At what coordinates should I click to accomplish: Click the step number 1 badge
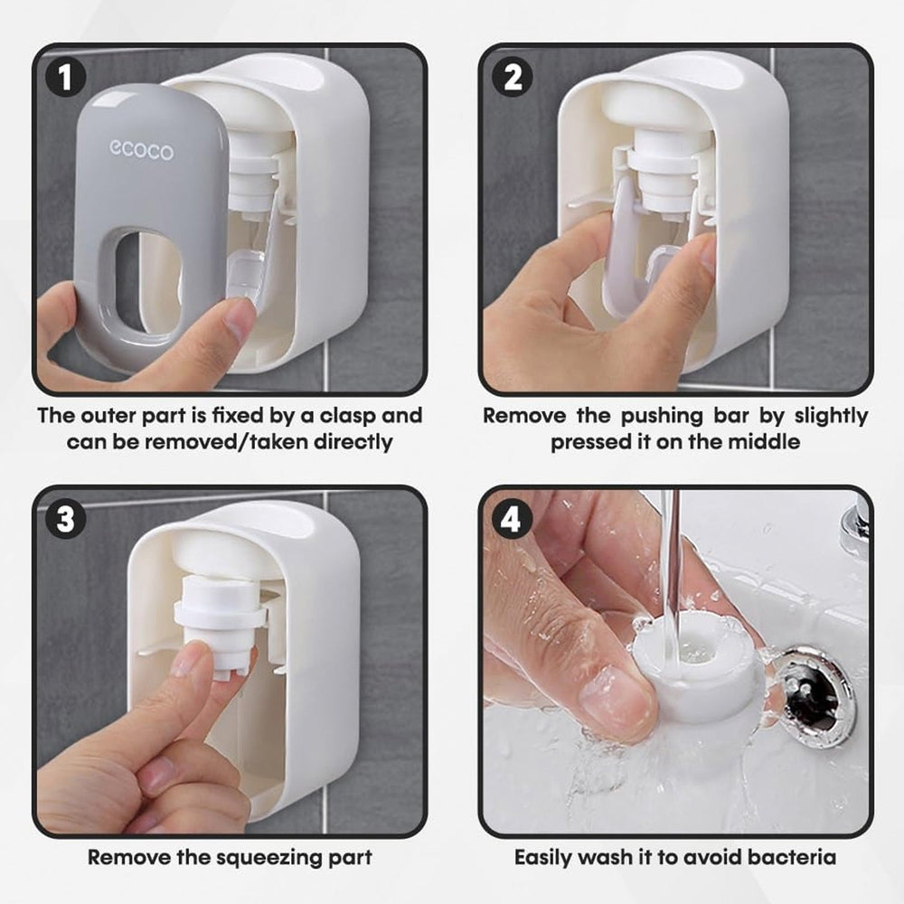coord(66,77)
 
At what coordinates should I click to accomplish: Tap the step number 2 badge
coord(512,77)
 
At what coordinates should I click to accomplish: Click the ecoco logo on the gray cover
coord(141,150)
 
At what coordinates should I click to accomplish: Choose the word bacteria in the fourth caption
coord(792,857)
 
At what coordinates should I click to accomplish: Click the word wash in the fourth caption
coord(606,857)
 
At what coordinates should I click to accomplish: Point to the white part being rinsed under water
coord(694,669)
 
